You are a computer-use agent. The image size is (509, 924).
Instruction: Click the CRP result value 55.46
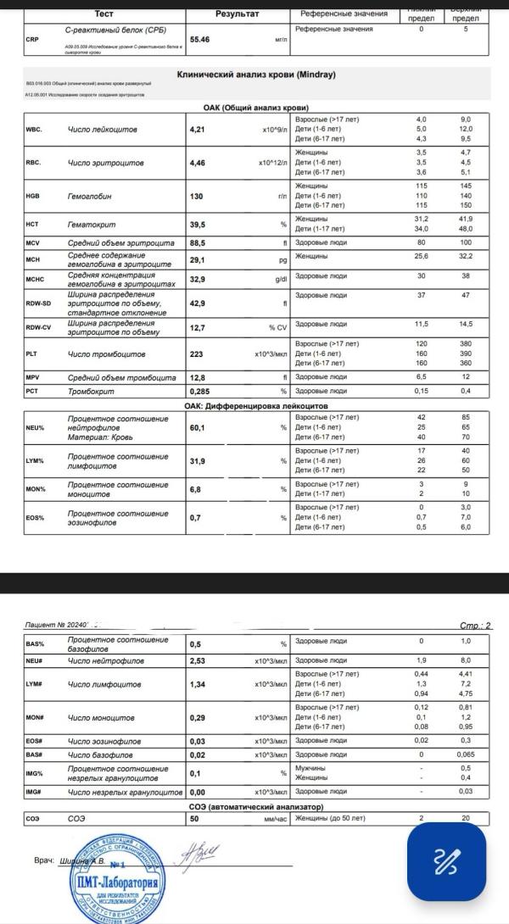201,39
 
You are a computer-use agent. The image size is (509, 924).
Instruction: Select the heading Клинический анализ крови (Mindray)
255,75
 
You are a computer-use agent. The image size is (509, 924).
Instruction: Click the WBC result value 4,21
198,129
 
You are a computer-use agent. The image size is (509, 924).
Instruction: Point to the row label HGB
34,197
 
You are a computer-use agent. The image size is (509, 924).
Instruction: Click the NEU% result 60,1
198,428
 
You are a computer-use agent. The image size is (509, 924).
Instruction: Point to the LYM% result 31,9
198,461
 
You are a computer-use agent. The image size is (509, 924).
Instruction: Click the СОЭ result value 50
194,819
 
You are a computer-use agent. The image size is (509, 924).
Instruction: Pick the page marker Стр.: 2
475,626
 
